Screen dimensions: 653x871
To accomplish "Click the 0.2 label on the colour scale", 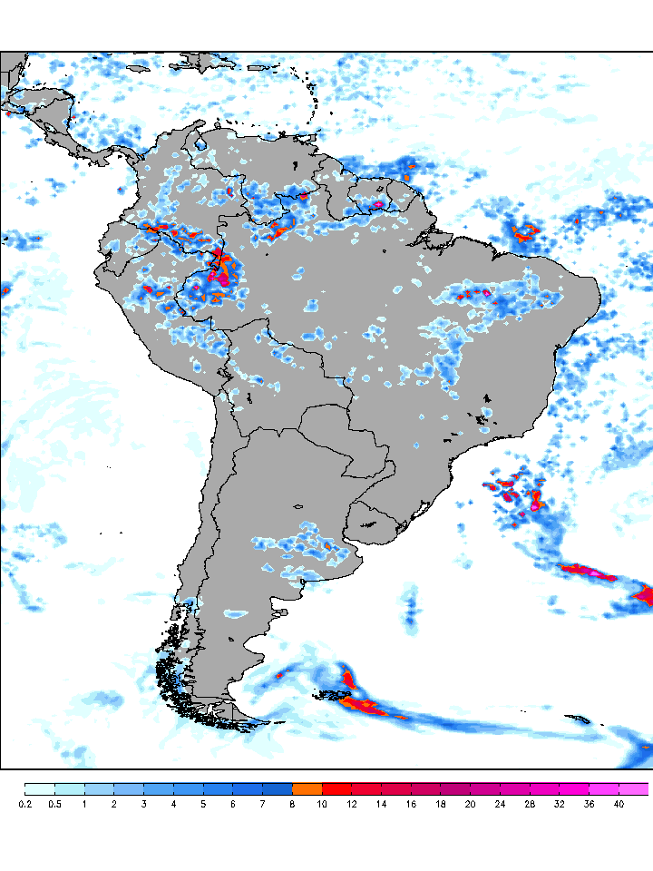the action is [x=25, y=804].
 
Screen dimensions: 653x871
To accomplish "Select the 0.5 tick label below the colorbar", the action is [x=54, y=804].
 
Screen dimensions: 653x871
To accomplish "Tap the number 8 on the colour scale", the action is [x=292, y=804].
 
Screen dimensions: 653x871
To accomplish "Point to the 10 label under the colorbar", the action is [x=322, y=804].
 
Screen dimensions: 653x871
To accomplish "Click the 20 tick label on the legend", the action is [x=470, y=804].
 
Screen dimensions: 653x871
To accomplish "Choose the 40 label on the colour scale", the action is [x=619, y=804].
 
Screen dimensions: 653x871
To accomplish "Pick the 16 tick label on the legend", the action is [x=411, y=804].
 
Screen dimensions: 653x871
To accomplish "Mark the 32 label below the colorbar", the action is [x=560, y=804].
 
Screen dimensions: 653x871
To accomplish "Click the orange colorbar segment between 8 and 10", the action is [x=307, y=788].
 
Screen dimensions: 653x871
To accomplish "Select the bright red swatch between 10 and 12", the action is [x=336, y=788].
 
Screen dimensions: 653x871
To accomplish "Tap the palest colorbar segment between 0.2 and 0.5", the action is [x=40, y=788].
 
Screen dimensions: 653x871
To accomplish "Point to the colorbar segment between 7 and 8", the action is [x=278, y=788].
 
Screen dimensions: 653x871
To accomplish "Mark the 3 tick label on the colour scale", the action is [x=143, y=804].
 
